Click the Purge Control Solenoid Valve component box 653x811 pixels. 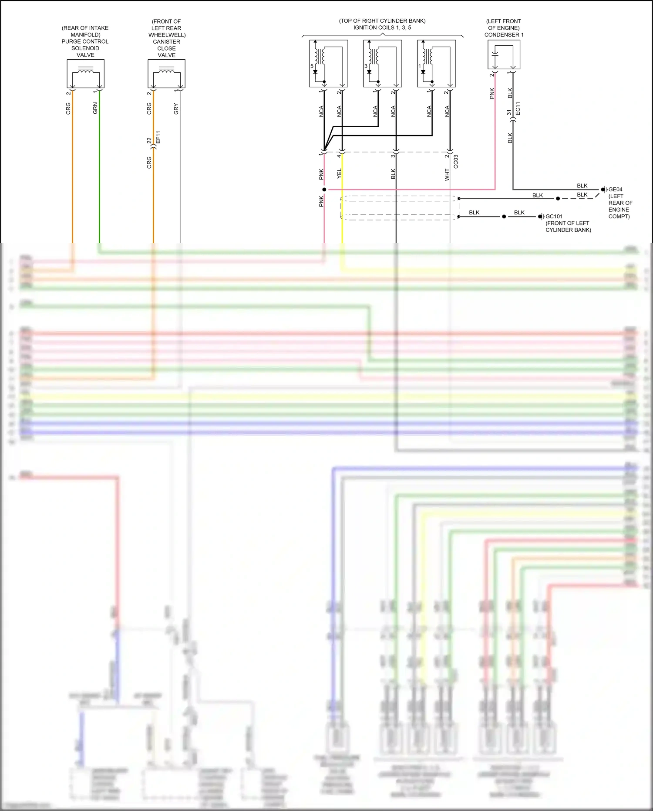85,74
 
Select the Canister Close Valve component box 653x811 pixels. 166,74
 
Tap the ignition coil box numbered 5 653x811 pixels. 328,63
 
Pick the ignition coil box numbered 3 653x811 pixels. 382,63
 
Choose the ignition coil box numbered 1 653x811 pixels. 436,63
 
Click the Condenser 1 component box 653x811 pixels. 504,54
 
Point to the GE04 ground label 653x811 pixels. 615,190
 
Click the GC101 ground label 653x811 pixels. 554,217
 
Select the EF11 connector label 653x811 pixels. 158,137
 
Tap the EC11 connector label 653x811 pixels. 518,109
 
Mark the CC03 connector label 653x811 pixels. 456,161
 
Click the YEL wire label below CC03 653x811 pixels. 339,174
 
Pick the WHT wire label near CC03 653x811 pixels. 447,175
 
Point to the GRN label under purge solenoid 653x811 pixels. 95,109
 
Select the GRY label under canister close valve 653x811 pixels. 176,109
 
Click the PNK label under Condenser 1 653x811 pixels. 492,93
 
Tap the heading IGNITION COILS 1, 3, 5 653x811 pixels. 382,27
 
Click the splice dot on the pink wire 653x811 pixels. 324,190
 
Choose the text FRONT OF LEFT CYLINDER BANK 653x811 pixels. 568,227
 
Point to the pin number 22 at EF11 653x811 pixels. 149,140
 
